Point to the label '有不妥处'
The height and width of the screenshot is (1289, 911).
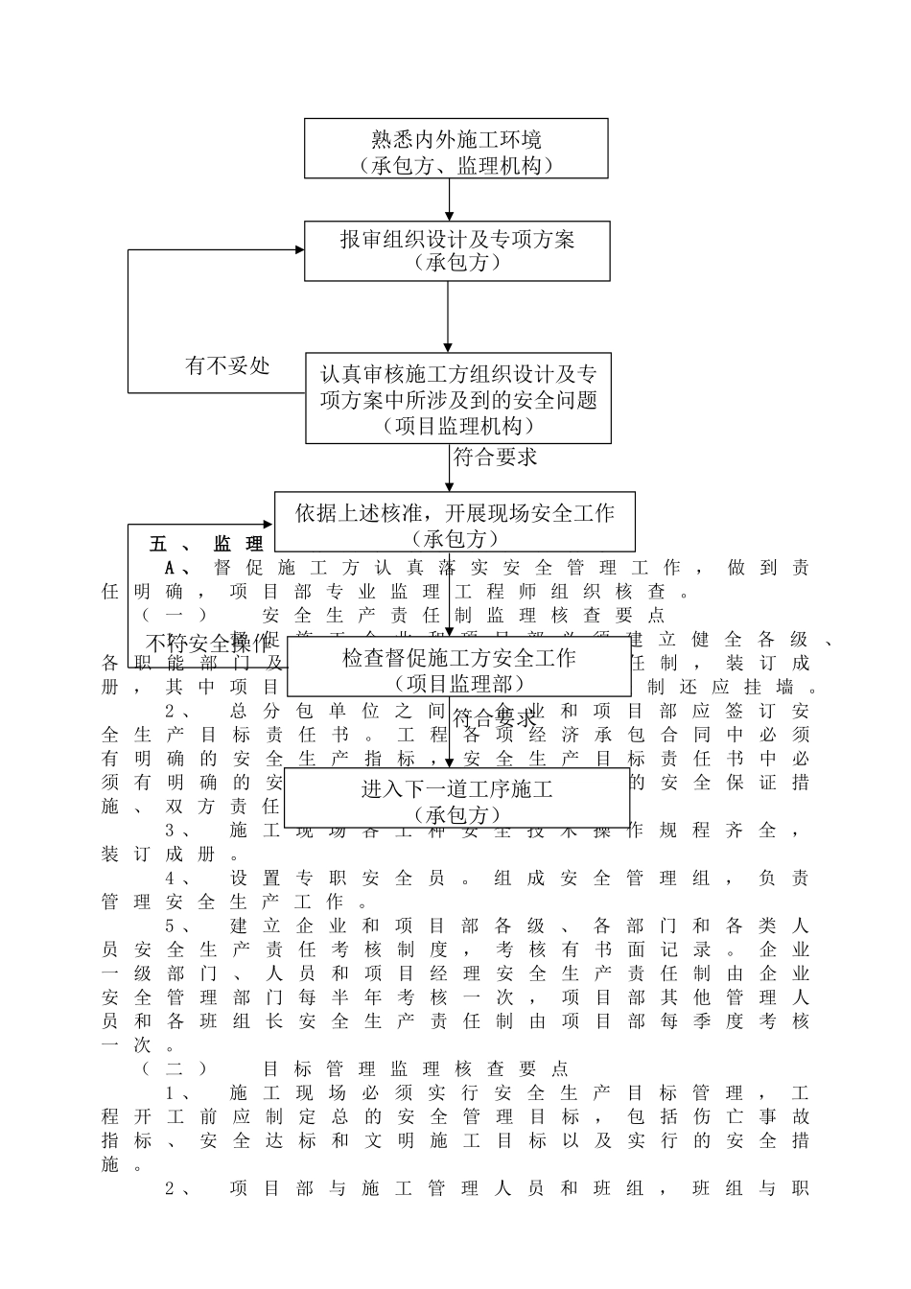coord(227,365)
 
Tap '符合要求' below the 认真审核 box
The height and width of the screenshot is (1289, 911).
coord(495,457)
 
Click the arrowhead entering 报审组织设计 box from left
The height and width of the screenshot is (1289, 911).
coord(298,251)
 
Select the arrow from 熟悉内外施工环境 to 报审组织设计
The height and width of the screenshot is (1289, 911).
coord(449,199)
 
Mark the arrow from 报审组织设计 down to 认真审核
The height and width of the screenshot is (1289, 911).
coord(448,316)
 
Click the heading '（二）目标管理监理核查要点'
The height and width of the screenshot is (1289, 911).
coord(355,1068)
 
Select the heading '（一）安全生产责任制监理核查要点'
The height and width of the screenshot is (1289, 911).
coord(403,615)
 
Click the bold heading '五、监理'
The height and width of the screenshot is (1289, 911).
coord(206,544)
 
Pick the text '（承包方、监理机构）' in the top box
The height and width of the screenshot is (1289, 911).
coord(456,166)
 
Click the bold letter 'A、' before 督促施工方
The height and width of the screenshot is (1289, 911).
coord(178,568)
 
